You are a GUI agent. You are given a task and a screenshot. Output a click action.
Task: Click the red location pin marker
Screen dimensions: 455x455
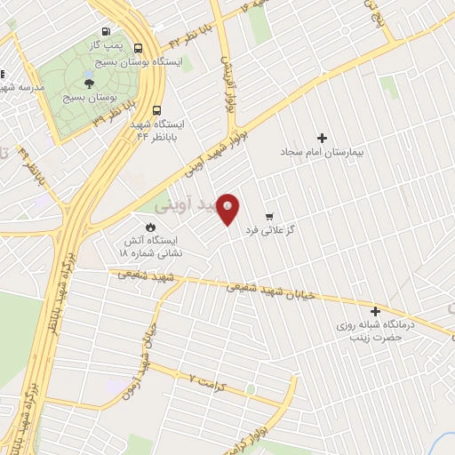coord(228,208)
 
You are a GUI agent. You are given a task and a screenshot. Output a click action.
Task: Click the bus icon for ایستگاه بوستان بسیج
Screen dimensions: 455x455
coord(138,49)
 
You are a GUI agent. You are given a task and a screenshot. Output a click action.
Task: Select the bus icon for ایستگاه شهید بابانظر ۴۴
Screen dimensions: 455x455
coord(156,111)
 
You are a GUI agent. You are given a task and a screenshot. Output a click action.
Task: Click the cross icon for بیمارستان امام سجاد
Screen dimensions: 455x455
coord(322,138)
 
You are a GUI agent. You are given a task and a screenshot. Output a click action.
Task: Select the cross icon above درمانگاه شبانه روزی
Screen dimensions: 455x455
coord(375,312)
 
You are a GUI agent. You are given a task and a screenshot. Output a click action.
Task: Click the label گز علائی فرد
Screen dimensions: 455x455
coord(303,229)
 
